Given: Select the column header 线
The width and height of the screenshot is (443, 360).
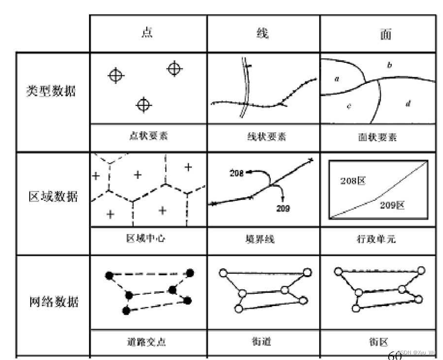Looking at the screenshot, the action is pyautogui.click(x=263, y=33).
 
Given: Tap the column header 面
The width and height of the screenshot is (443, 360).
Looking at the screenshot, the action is pyautogui.click(x=385, y=34).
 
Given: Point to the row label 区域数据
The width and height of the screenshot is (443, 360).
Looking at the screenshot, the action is pyautogui.click(x=51, y=196).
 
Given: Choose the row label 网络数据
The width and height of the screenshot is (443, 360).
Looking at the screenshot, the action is pyautogui.click(x=51, y=302).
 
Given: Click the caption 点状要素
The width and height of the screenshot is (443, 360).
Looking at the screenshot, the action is pyautogui.click(x=148, y=136).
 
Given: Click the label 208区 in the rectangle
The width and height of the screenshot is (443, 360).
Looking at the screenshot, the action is pyautogui.click(x=353, y=181).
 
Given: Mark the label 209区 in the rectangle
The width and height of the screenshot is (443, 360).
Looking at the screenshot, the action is pyautogui.click(x=392, y=205).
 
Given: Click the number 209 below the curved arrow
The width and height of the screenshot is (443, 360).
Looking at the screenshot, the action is pyautogui.click(x=283, y=208).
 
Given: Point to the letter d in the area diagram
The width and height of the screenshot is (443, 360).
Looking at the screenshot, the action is pyautogui.click(x=408, y=104).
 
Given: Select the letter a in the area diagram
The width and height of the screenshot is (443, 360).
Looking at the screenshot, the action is pyautogui.click(x=337, y=79).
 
